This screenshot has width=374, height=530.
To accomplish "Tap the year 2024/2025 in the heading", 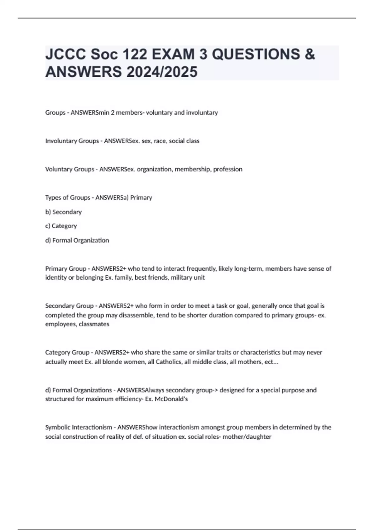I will [x=162, y=72].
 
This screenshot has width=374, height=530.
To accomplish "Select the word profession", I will [x=228, y=169].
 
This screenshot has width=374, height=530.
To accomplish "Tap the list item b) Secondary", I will [x=63, y=212].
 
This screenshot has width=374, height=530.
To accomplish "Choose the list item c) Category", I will [x=61, y=226].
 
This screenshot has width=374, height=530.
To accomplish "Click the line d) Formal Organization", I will [x=77, y=240].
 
